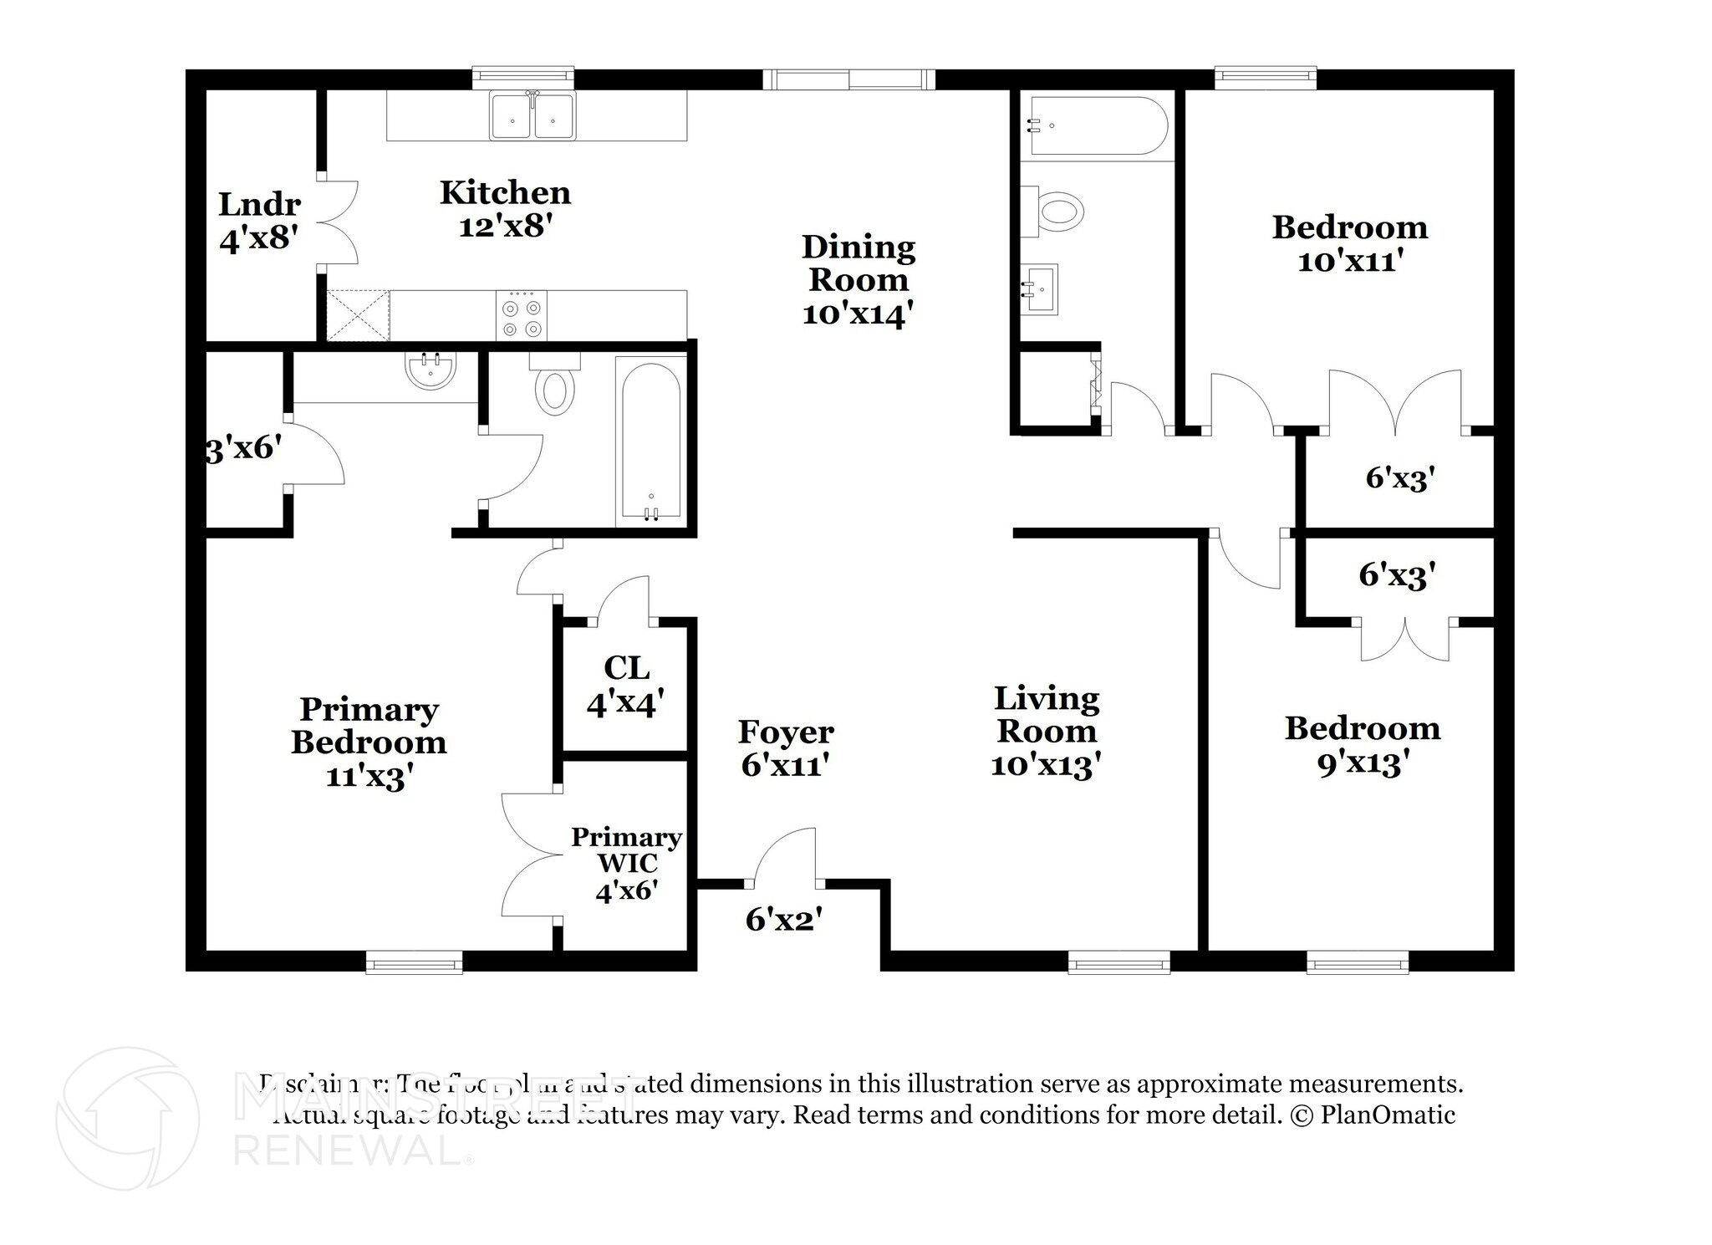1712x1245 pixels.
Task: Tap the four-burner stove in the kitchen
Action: tap(522, 315)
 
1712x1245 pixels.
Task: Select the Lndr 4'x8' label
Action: tap(259, 222)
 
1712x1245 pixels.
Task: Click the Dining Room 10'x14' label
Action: tap(859, 280)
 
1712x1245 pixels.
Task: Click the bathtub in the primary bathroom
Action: tap(651, 441)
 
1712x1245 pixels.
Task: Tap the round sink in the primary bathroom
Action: tap(431, 370)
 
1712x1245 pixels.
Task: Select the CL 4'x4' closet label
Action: tap(626, 686)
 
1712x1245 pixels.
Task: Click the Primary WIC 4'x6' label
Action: tap(626, 864)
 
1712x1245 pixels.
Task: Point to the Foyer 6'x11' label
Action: tap(785, 748)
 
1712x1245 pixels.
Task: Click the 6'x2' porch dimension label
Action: tap(784, 921)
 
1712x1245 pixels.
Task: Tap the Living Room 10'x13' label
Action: tap(1046, 732)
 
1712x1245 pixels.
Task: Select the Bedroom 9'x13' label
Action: tap(1363, 745)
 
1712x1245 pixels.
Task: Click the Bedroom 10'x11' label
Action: tap(1349, 243)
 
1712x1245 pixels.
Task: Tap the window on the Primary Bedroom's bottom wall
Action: tap(415, 963)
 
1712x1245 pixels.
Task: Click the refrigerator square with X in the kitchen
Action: tap(358, 315)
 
